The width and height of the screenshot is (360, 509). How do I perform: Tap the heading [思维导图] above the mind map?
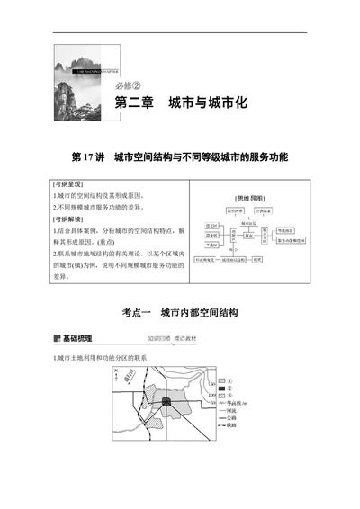(248, 196)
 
